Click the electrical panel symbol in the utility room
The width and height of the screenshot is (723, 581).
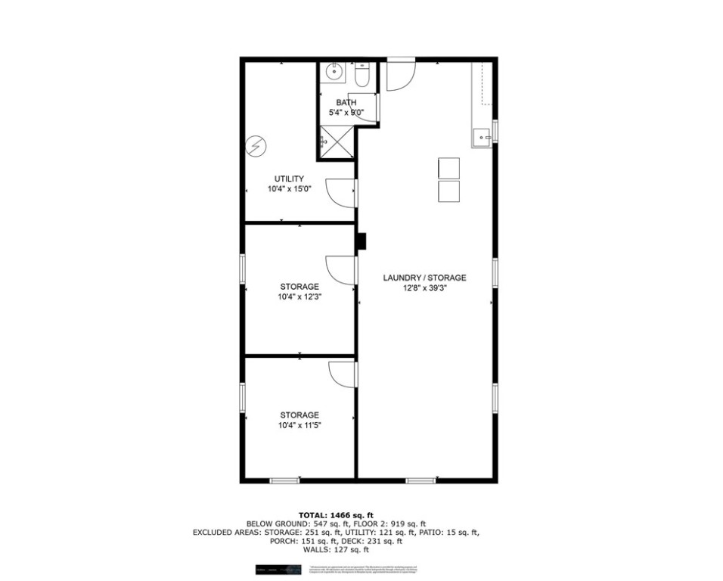(257, 146)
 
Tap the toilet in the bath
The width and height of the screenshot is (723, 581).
(361, 75)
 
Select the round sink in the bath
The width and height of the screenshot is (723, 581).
(333, 73)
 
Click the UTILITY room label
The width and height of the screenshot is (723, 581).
(289, 179)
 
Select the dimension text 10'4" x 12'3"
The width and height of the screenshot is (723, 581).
(299, 297)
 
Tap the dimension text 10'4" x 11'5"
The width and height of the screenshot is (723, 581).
(299, 426)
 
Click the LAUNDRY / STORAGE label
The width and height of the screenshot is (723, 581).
(424, 278)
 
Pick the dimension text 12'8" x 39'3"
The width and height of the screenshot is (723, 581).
(424, 288)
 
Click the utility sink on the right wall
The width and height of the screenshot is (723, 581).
(481, 137)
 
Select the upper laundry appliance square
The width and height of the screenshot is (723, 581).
(448, 168)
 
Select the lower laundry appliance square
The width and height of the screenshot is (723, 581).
(448, 191)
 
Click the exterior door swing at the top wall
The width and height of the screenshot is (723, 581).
(401, 75)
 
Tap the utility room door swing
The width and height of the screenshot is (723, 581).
(341, 193)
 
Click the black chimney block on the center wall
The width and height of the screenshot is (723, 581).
(361, 241)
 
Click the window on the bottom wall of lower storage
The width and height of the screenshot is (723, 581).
(285, 480)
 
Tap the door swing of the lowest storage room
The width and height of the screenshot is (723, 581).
(343, 374)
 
